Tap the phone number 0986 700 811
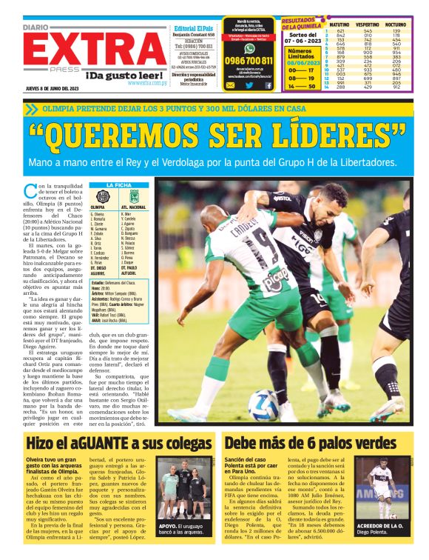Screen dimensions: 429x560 (x=249, y=60)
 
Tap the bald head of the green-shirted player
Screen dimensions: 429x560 (x=216, y=216)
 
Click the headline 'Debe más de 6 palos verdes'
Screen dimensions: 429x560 (x=315, y=443)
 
